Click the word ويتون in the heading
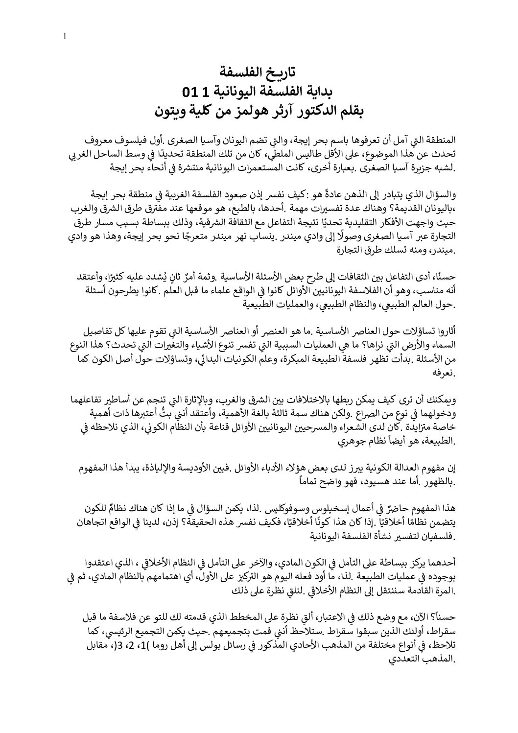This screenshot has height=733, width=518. click(168, 111)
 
